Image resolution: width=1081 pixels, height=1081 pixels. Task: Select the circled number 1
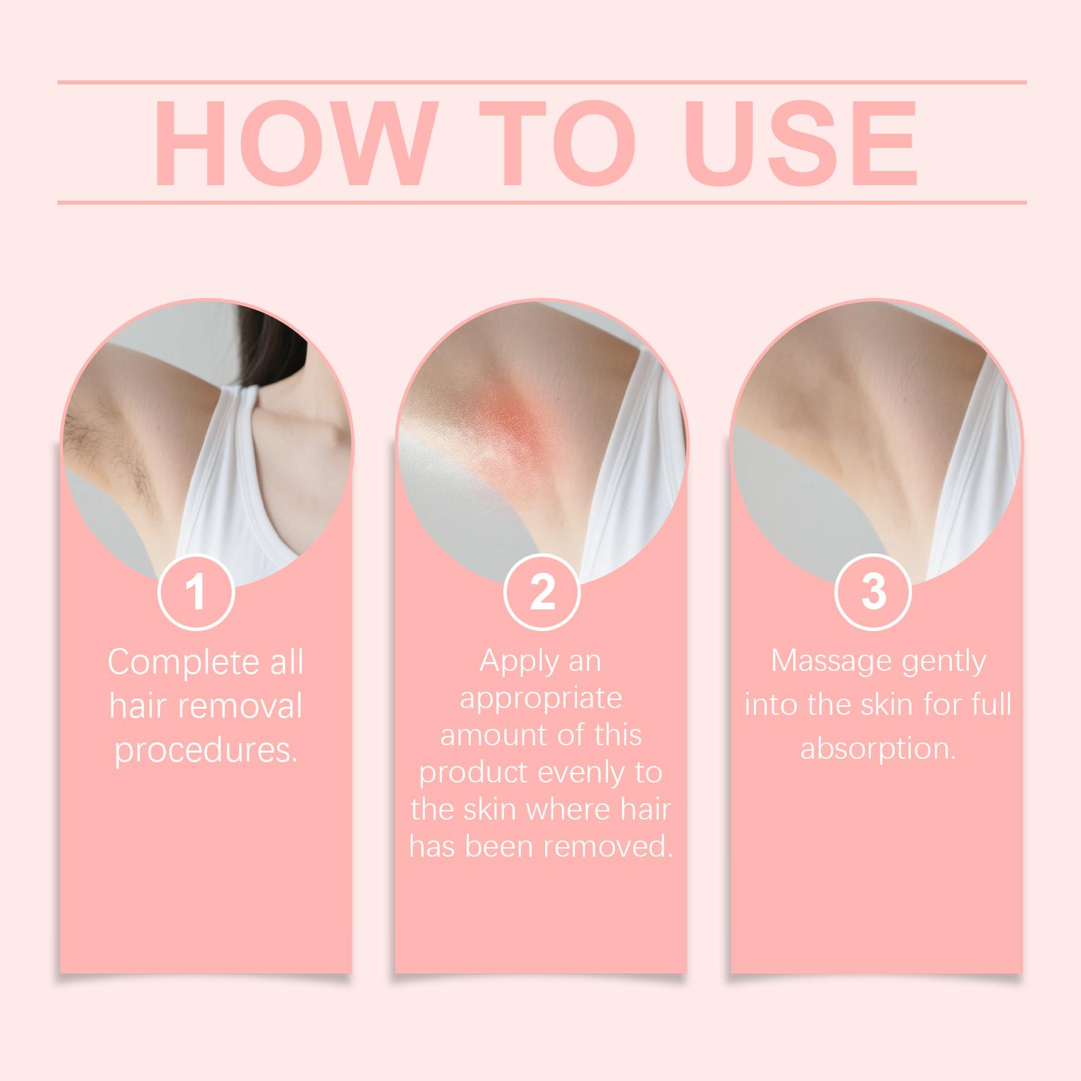(x=196, y=592)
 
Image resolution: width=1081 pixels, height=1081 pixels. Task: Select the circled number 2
(x=542, y=592)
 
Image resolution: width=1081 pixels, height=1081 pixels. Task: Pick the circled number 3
(x=874, y=592)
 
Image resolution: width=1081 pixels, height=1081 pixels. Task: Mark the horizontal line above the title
(x=542, y=83)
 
